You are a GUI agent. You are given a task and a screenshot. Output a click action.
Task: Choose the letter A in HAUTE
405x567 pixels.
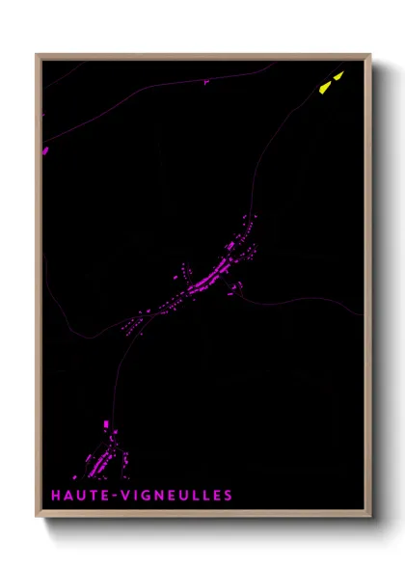point(68,496)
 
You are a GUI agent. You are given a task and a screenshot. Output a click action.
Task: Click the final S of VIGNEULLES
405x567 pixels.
point(228,496)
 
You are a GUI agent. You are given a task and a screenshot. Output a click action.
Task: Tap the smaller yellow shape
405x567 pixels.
point(338,73)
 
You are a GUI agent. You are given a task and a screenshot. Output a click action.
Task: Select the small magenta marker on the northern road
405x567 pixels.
point(206,82)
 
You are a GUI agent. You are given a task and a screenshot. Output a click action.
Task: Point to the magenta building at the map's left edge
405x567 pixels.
point(44,149)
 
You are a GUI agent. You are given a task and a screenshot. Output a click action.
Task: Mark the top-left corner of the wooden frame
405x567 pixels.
point(37,55)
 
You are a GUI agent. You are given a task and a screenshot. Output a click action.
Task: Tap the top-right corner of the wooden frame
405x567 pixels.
point(371,55)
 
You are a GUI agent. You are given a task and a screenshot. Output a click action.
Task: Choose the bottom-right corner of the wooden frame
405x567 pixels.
point(371,518)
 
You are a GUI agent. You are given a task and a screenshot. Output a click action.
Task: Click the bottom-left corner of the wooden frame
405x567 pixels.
point(37,518)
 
